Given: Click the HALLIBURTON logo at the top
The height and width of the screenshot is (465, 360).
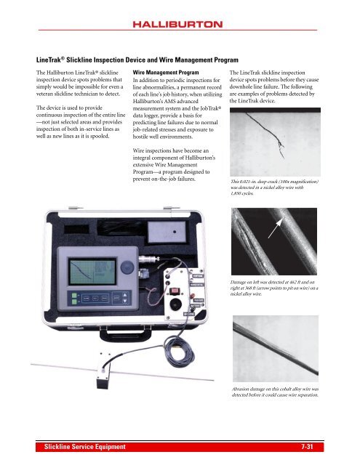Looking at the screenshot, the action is (x=177, y=24).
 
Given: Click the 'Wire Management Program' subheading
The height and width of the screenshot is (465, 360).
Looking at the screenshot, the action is (x=166, y=73).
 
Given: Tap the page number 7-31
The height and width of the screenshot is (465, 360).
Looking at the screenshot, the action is (x=307, y=446).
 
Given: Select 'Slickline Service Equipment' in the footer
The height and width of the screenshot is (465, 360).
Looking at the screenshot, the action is (x=85, y=447).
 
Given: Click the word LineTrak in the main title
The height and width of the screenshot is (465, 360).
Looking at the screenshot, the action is (x=49, y=60).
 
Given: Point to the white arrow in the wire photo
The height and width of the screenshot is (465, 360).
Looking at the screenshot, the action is (x=275, y=228).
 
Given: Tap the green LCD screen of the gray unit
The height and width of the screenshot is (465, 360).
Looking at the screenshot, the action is (x=92, y=272).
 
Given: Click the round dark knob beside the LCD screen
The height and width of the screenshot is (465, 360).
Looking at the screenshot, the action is (x=127, y=267).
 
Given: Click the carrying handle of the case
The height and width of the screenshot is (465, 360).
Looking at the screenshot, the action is (x=126, y=334).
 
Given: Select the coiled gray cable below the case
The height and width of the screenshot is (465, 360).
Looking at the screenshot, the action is (x=179, y=352).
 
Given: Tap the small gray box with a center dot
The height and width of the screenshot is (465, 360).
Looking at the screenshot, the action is (x=167, y=232).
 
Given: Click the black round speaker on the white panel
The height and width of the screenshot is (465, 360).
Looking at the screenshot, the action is (x=175, y=304).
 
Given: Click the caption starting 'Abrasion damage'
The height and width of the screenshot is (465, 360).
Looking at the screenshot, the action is (x=275, y=392).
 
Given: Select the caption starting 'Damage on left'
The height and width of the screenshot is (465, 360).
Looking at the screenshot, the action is (x=274, y=288).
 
